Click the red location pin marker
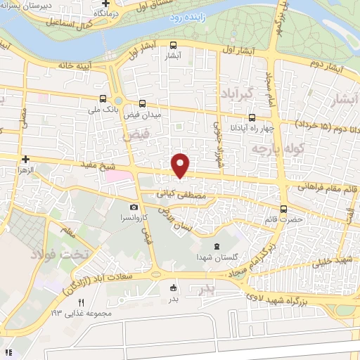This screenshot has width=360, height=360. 181,165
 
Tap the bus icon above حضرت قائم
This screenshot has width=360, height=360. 284,208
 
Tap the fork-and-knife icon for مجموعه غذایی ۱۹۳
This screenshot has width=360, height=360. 81,302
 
